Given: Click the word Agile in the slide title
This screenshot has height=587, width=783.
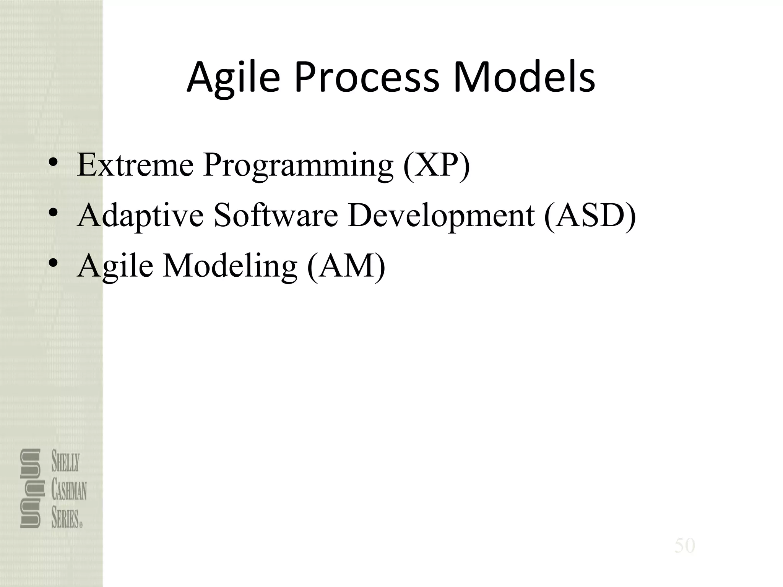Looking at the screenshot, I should click(233, 78).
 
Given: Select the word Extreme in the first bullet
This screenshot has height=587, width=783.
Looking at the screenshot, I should click(135, 165).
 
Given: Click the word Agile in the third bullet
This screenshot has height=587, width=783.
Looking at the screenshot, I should click(115, 267).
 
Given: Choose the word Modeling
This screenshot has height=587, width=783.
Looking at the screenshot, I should click(230, 266).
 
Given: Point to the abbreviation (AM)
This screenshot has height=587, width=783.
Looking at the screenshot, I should click(346, 266).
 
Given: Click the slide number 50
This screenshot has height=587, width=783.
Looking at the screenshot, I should click(684, 546).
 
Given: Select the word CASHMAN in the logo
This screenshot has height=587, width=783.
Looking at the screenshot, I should click(69, 491).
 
